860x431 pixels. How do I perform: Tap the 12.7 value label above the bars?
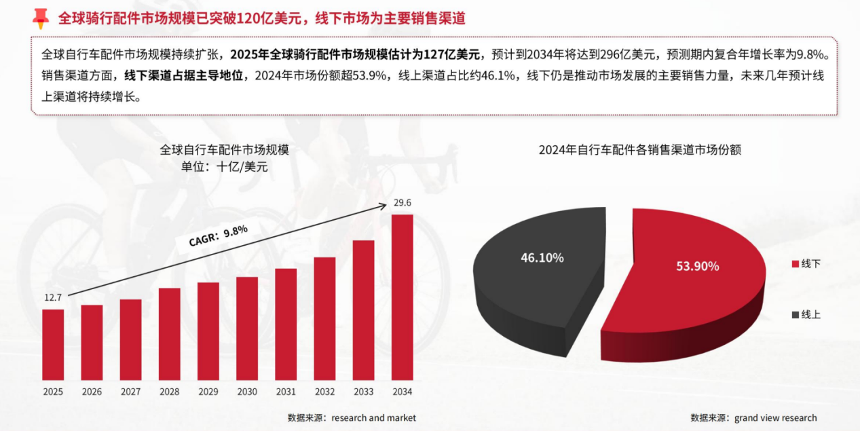[x=53, y=297]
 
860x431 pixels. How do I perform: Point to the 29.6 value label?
[x=403, y=202]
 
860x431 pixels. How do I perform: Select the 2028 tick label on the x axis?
[x=170, y=392]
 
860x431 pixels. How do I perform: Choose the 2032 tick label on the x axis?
[x=324, y=392]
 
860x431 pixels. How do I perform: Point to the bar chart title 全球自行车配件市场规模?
[x=225, y=149]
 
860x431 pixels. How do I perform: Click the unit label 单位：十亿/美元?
[x=225, y=167]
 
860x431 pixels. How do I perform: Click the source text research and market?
[x=373, y=418]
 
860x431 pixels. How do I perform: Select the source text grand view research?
[x=775, y=418]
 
